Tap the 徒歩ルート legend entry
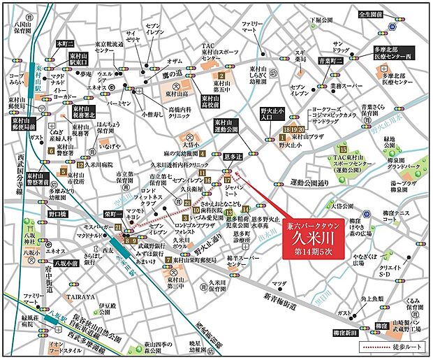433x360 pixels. click(x=395, y=347)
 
